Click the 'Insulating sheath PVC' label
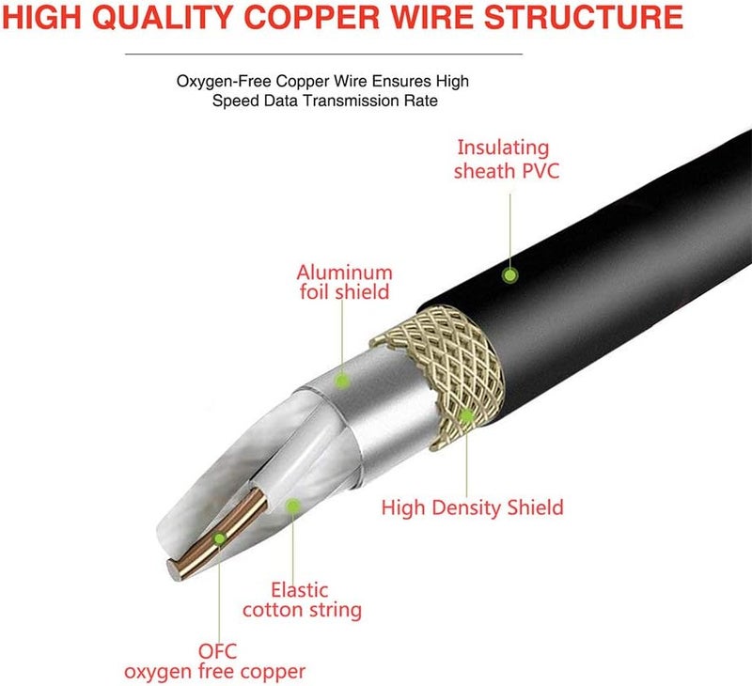[501, 159]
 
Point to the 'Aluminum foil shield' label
[343, 282]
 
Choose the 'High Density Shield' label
[472, 507]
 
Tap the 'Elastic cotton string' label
[302, 600]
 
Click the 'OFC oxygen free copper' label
[215, 661]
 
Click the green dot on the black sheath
[509, 275]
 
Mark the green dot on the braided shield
[466, 414]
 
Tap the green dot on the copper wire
[220, 538]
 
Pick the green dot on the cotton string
[292, 506]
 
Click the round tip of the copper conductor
[176, 566]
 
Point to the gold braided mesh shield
[442, 366]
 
